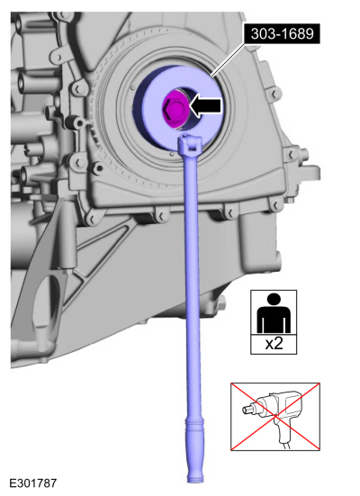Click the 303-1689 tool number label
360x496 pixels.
tap(282, 33)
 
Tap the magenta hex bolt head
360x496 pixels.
tap(174, 108)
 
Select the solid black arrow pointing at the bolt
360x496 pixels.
tap(205, 105)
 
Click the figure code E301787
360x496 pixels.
tap(33, 483)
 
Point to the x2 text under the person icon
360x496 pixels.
tap(274, 344)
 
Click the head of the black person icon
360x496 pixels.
tap(274, 299)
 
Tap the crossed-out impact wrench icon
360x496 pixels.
tap(275, 417)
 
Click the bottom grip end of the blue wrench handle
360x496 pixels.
tap(195, 475)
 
